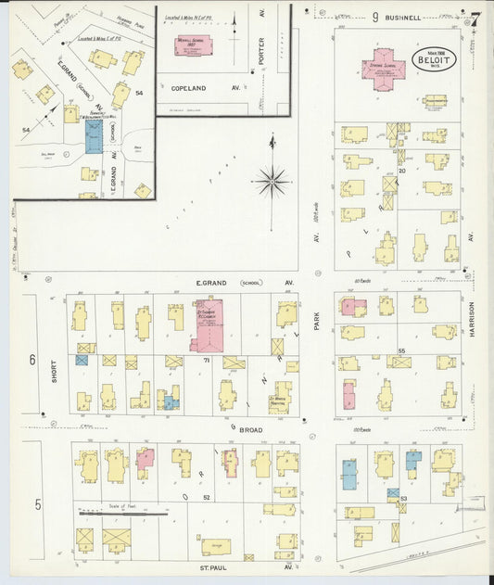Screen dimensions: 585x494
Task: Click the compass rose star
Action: (272, 180)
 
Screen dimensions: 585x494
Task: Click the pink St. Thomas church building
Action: (209, 324)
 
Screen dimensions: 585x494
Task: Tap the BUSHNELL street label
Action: (406, 17)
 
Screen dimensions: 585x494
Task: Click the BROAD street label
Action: (252, 430)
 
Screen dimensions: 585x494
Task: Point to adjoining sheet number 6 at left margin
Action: (32, 360)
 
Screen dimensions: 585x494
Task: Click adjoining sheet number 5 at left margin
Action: (38, 504)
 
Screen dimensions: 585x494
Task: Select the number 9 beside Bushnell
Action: (375, 17)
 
